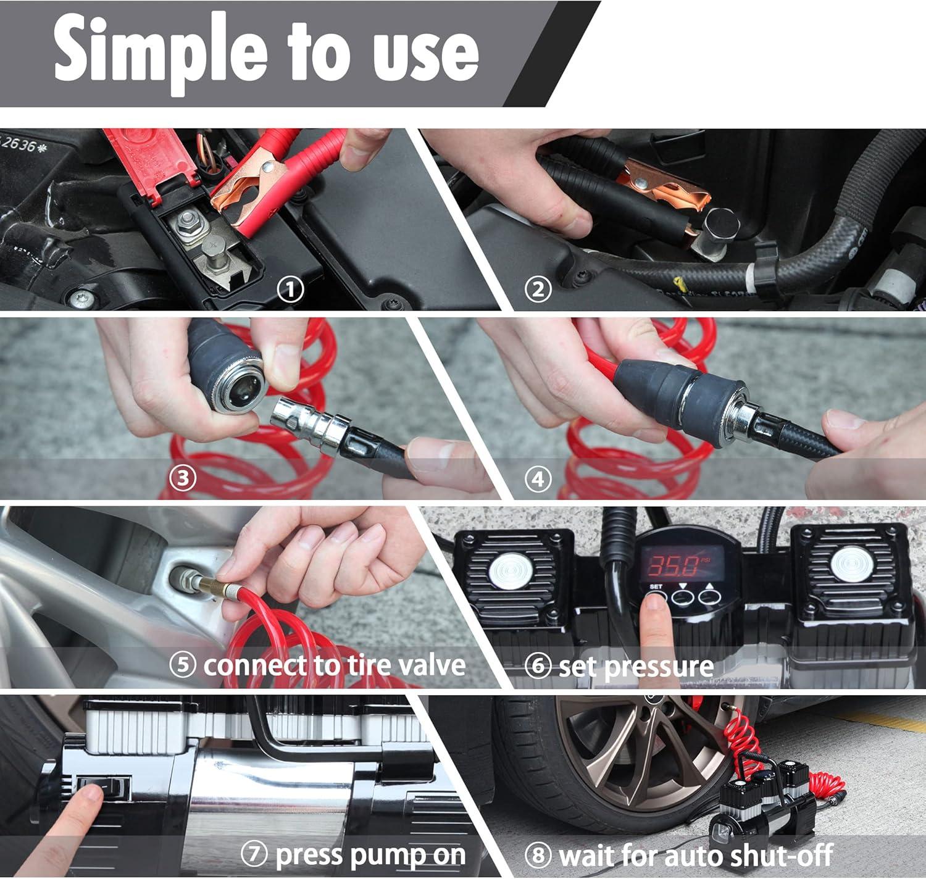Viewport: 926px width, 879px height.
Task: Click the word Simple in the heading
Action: pyautogui.click(x=160, y=54)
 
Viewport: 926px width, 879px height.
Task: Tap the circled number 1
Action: pyautogui.click(x=290, y=290)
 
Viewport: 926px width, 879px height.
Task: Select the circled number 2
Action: pyautogui.click(x=538, y=290)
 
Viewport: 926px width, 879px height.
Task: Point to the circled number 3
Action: pyautogui.click(x=182, y=478)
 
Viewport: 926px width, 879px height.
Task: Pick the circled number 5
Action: pyautogui.click(x=182, y=665)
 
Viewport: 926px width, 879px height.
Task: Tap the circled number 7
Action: pyautogui.click(x=254, y=854)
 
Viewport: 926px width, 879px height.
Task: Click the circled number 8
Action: pyautogui.click(x=538, y=854)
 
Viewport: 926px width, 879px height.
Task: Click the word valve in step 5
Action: pyautogui.click(x=432, y=665)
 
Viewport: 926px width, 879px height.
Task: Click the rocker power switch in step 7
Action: pyautogui.click(x=104, y=788)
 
